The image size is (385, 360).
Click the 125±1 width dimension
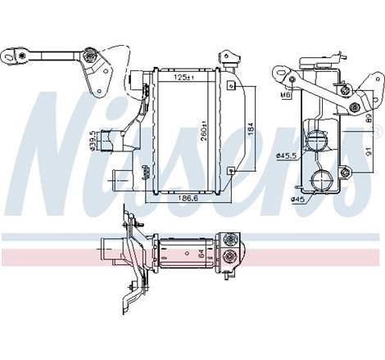coord(183,78)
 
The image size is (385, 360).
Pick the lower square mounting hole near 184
coord(232,170)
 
